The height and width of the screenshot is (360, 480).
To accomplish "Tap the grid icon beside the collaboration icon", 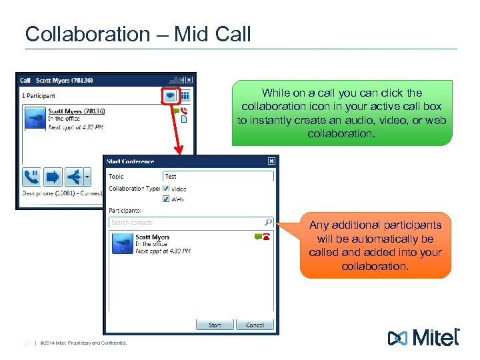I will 185,95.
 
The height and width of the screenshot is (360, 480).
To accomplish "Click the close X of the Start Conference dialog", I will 271,161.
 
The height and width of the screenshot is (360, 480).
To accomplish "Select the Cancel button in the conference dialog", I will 255,325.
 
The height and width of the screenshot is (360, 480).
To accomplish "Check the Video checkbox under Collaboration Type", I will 167,189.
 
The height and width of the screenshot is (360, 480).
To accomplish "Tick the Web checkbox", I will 167,199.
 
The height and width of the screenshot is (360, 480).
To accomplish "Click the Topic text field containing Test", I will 218,177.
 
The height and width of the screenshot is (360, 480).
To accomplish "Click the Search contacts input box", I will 187,222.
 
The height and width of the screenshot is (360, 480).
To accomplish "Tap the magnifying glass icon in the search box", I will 268,222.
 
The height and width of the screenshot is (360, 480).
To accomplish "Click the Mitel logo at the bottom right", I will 424,337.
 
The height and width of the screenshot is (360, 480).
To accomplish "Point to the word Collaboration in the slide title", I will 87,34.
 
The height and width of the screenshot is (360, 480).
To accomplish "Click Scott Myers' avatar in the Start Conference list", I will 122,243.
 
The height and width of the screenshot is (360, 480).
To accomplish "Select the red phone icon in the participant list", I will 267,237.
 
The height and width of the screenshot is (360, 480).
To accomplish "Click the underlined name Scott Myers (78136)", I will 77,111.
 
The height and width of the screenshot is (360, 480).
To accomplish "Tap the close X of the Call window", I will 189,80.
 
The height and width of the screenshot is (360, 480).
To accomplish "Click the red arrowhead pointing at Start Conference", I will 178,151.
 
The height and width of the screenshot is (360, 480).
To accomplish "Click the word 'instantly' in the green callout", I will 262,121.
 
